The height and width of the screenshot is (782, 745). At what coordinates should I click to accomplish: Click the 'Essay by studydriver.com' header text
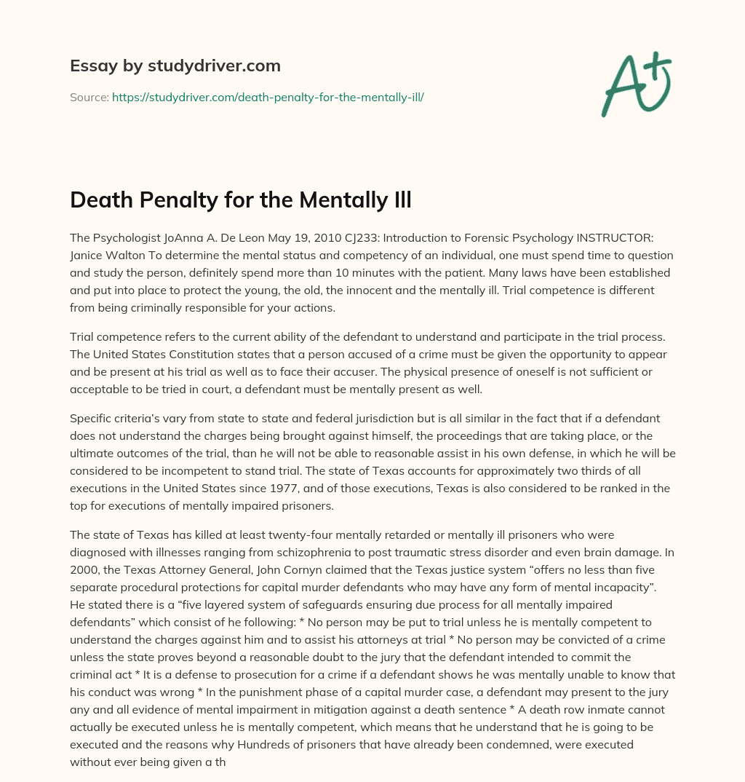[175, 66]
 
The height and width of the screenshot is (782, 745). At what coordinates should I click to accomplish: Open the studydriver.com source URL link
[268, 97]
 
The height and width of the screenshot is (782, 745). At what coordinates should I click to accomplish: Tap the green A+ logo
[636, 83]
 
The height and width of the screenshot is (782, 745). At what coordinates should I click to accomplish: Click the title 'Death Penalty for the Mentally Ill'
[241, 200]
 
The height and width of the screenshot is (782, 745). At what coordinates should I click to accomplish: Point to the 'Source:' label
[89, 97]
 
